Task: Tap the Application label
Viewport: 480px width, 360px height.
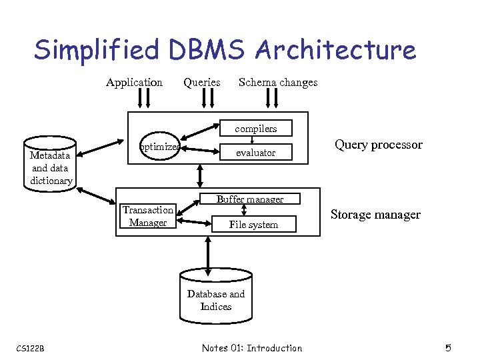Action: click(x=134, y=82)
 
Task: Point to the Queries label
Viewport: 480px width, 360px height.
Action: click(x=201, y=82)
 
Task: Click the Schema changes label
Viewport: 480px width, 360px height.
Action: click(x=278, y=82)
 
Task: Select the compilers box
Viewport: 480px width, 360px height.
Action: click(x=255, y=129)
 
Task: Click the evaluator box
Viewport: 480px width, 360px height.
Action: click(x=256, y=153)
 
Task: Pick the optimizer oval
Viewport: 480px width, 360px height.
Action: click(x=159, y=147)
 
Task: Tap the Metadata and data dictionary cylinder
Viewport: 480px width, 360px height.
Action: click(x=51, y=164)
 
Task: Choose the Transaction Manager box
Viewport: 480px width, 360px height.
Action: click(x=148, y=216)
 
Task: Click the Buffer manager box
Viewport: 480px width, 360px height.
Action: click(x=250, y=199)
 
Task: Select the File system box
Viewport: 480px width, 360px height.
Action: click(x=253, y=225)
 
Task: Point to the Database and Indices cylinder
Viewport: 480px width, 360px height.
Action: click(x=215, y=297)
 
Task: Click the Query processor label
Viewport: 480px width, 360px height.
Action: click(x=378, y=145)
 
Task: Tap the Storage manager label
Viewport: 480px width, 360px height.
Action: click(x=375, y=214)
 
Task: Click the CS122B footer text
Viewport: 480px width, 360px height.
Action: click(x=30, y=348)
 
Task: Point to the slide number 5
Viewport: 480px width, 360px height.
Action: click(x=449, y=347)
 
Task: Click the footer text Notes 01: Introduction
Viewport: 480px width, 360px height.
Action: click(x=251, y=348)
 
